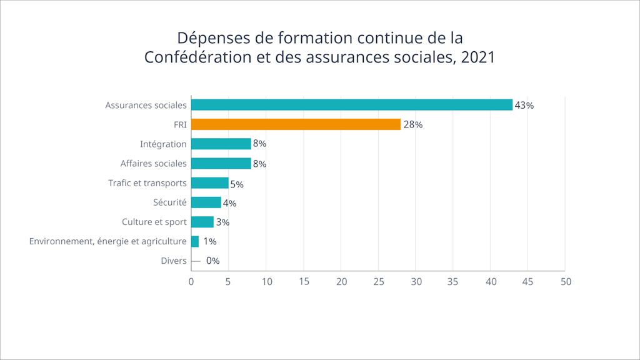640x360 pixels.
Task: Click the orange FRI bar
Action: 295,124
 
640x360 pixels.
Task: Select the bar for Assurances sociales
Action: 351,105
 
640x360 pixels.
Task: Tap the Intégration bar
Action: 221,144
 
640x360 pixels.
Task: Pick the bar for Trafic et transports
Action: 209,183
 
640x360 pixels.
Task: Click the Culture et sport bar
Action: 202,222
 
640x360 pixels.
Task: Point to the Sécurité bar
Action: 206,202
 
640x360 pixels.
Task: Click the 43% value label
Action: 524,106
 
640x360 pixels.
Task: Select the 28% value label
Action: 412,125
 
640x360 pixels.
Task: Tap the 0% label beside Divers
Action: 212,261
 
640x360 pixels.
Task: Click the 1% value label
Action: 209,241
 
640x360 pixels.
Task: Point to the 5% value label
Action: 236,184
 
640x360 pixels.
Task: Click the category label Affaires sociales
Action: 153,164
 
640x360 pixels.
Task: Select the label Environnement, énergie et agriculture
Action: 107,241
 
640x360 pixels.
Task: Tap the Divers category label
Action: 173,261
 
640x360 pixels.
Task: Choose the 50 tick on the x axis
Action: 566,282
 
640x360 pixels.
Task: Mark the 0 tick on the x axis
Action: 191,282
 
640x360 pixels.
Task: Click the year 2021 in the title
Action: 477,57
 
